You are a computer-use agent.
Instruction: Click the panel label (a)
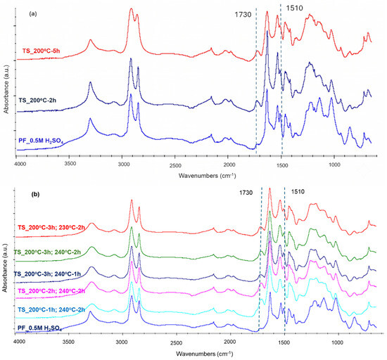pos(33,14)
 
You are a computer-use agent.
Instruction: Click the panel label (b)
pos(35,194)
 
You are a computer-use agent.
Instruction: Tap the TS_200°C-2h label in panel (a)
pos(37,101)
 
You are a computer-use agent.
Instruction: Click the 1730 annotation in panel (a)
pos(243,15)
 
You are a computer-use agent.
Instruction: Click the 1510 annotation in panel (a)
pos(294,8)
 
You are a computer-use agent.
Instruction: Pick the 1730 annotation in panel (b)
pos(246,193)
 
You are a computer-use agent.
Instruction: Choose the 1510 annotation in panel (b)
pos(298,191)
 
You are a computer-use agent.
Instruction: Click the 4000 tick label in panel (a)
pos(20,164)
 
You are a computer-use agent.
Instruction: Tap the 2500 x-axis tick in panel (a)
pos(175,165)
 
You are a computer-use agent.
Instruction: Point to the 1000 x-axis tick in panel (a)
pos(334,165)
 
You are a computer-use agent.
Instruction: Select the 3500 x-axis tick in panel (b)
pos(68,342)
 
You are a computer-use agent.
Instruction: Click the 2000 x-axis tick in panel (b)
pos(229,342)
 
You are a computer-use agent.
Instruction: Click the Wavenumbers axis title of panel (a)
pos(207,176)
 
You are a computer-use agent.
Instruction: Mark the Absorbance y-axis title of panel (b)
pos(5,268)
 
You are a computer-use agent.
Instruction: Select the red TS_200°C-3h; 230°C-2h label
pos(51,227)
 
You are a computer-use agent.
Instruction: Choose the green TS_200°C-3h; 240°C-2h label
pos(47,252)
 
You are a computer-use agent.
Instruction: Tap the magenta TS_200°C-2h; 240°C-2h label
pos(51,291)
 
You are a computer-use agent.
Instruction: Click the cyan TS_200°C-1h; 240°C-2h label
pos(51,309)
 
